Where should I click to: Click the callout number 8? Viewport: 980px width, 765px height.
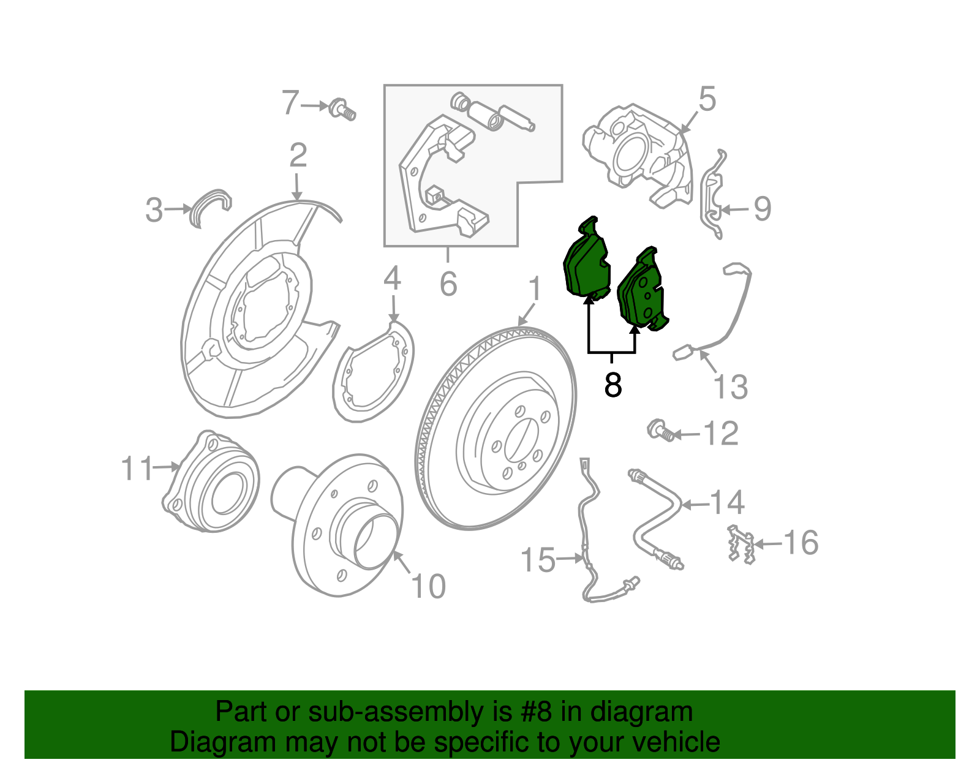tap(612, 385)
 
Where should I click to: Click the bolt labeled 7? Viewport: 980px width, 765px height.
tap(342, 109)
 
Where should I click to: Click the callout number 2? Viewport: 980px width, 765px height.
tap(298, 156)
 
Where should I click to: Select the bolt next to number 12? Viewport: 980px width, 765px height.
tap(660, 431)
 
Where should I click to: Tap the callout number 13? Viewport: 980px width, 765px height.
tap(731, 387)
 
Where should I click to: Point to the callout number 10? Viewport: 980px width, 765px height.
tap(429, 586)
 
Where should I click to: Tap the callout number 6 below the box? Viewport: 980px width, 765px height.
tap(448, 284)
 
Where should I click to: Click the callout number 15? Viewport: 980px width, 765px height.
tap(538, 560)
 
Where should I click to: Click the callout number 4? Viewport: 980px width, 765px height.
tap(392, 279)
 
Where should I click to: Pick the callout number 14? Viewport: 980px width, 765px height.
tap(727, 503)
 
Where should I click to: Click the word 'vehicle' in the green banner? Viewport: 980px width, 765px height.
tap(676, 742)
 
